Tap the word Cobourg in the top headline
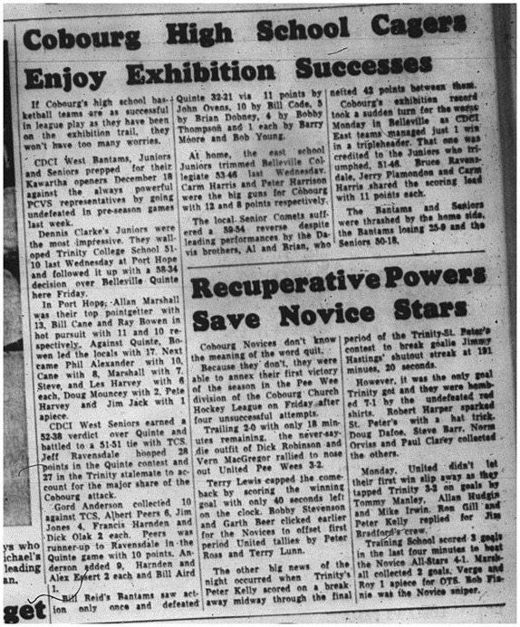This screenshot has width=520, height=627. pyautogui.click(x=79, y=38)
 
